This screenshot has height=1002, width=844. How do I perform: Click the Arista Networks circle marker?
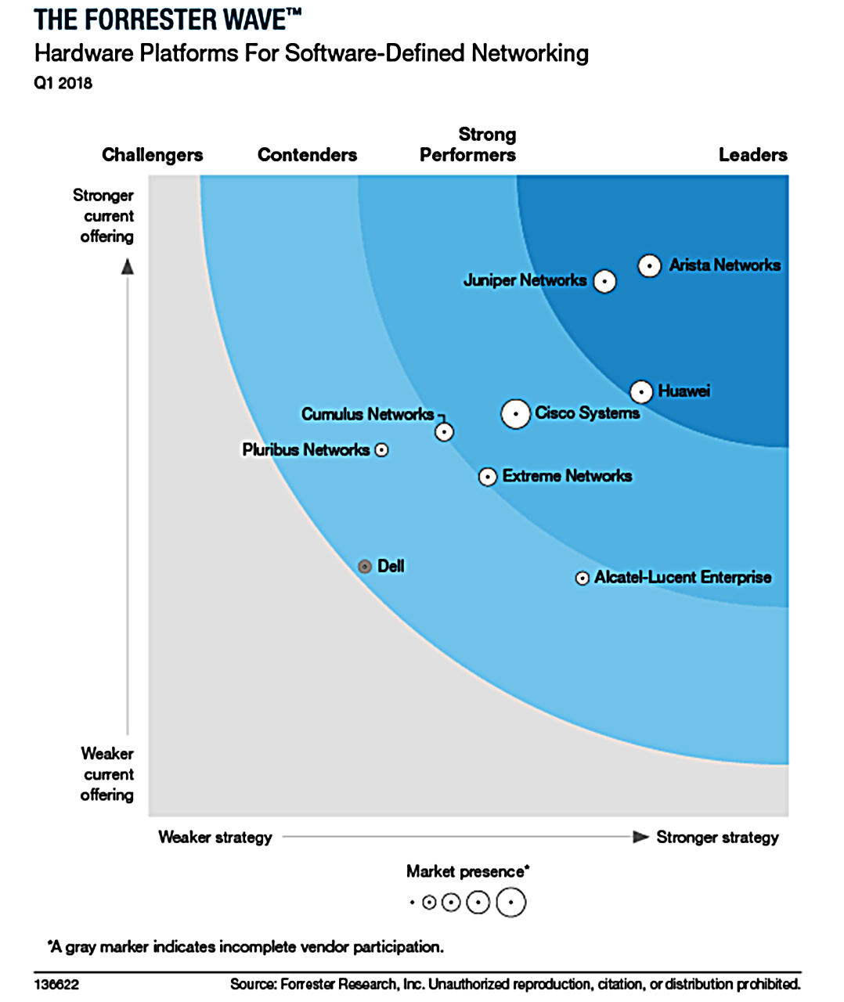649,266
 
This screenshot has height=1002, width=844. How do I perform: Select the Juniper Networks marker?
604,281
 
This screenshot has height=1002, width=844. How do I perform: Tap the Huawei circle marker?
641,391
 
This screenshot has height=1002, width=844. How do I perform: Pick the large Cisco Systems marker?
515,414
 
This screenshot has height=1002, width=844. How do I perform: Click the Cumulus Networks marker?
444,431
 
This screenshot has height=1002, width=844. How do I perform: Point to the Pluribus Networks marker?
381,450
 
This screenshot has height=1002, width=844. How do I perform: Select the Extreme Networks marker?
488,477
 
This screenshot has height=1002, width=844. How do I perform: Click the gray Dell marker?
364,566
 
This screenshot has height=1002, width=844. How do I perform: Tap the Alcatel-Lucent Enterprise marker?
582,578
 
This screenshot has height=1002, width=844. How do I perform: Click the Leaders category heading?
752,155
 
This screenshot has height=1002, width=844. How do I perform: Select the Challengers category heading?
152,155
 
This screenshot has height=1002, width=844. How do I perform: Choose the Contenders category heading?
307,155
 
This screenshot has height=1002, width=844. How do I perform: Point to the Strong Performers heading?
468,145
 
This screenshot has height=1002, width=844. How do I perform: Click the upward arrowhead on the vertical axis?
128,267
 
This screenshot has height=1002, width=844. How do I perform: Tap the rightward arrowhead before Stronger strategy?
640,837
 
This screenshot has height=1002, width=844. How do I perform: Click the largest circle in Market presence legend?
510,903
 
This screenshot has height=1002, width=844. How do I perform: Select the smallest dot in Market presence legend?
412,903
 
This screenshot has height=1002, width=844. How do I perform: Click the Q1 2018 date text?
63,83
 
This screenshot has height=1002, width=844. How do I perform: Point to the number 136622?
56,984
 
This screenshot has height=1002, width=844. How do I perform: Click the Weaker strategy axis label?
215,837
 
